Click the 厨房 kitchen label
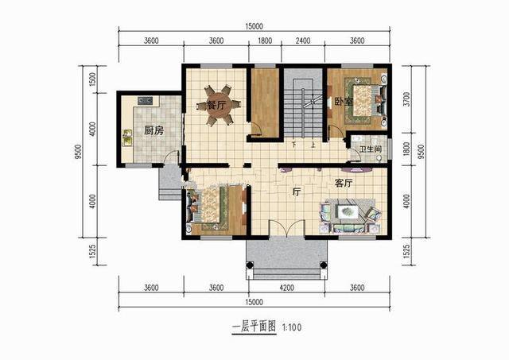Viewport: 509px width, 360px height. coord(153,131)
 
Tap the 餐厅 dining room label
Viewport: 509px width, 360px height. coord(218,104)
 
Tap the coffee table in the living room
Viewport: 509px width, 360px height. coord(348,212)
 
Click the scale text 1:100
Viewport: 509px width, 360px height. coord(290,327)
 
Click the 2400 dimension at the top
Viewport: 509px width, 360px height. coord(303,41)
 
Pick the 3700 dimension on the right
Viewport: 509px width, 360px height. coord(407,99)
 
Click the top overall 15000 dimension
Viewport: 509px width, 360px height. coord(254,26)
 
